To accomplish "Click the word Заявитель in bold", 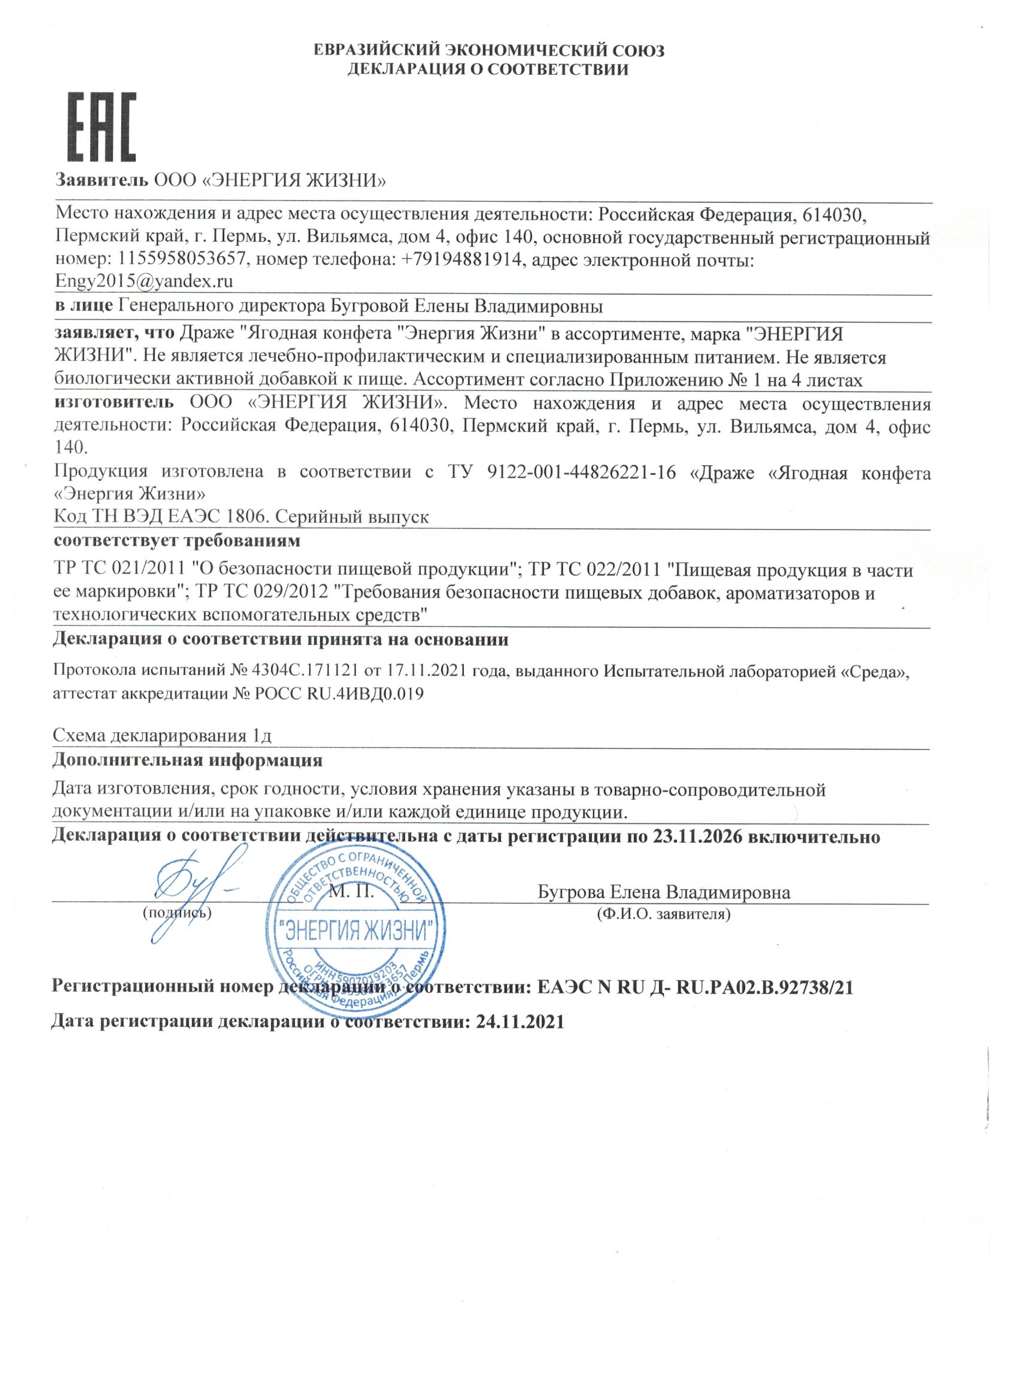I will point(102,180).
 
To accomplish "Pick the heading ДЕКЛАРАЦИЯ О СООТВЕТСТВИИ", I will point(487,69).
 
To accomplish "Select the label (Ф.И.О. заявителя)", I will point(663,914).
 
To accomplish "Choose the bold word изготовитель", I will point(114,404).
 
